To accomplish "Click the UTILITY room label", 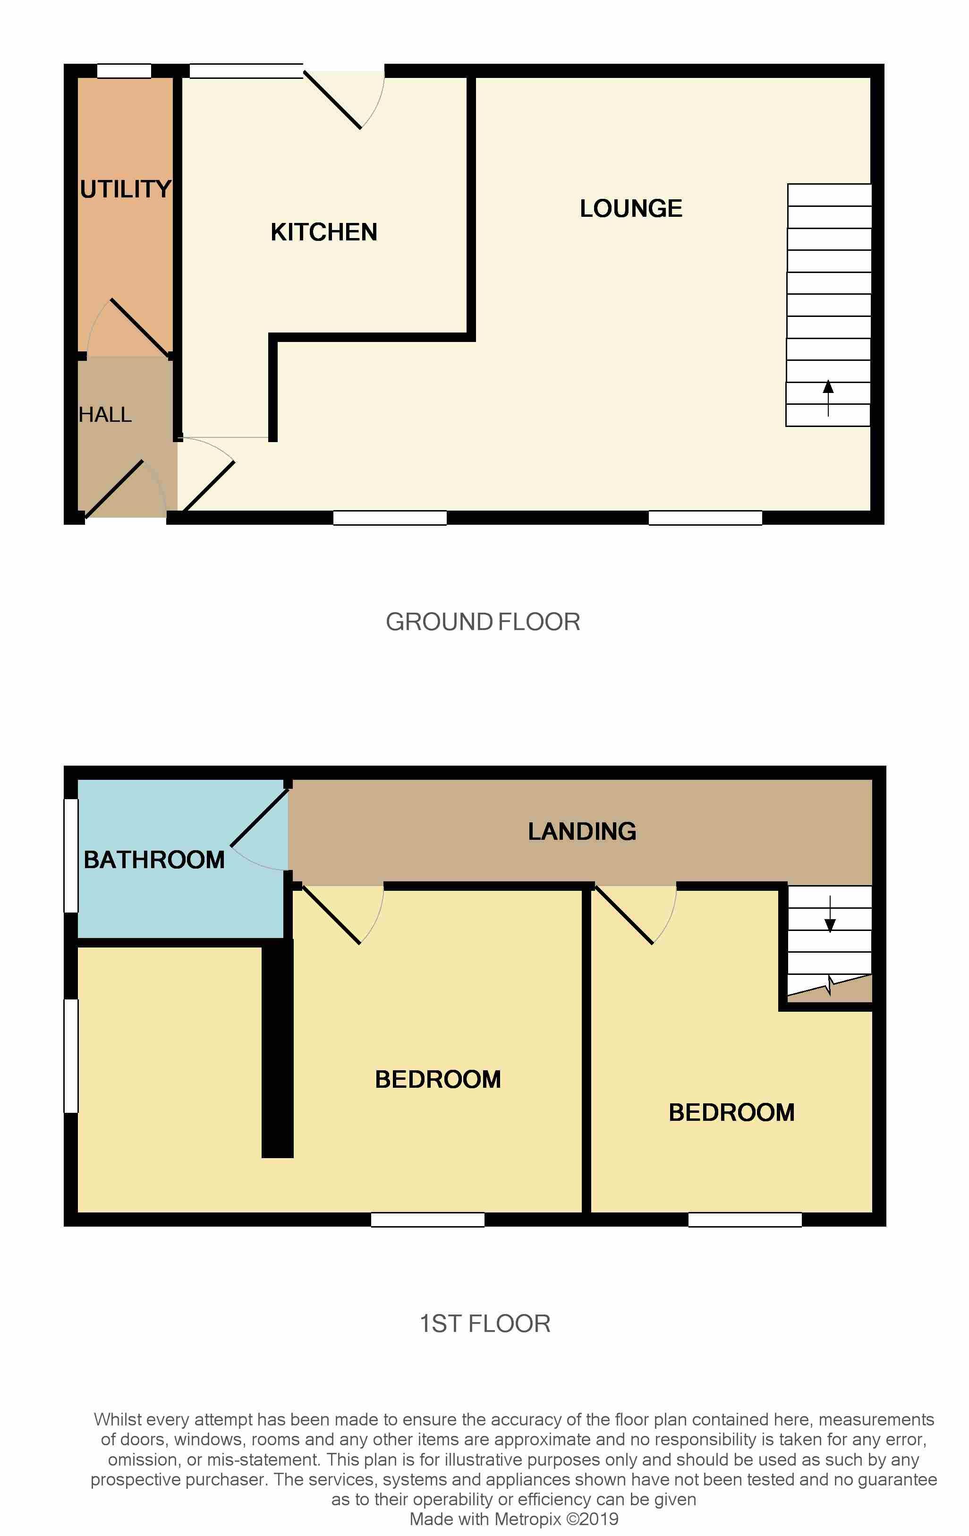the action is point(126,189).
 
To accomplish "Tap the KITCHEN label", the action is point(324,232).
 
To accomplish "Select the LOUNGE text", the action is point(631,209).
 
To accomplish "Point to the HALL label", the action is point(105,415).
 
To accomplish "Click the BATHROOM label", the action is point(154,860).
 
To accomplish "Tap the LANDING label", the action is point(582,831).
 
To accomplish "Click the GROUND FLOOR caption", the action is point(483,622).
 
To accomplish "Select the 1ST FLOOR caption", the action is point(485,1323).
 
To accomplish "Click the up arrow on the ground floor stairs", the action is point(828,398).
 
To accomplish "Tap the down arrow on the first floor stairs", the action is point(830,914).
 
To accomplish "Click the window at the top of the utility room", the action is point(124,71).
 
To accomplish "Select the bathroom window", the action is point(71,855).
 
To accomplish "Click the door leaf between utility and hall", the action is point(140,328).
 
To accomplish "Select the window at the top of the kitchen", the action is point(246,71).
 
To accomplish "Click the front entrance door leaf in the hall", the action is point(115,488).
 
